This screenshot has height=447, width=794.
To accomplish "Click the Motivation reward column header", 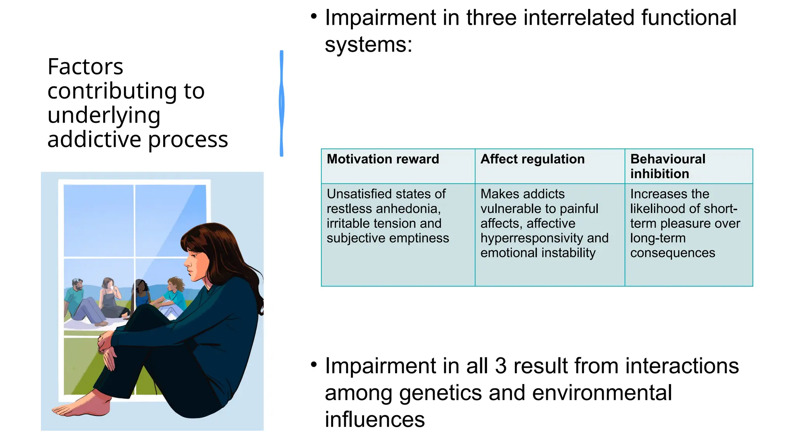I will (x=383, y=159).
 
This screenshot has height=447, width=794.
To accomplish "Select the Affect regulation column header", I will (x=532, y=159).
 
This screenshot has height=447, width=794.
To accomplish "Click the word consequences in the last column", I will (x=672, y=253).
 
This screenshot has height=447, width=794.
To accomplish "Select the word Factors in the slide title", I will (x=85, y=67).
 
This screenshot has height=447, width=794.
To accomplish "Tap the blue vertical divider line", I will (x=281, y=103).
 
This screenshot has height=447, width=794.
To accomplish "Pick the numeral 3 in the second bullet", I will (x=501, y=366).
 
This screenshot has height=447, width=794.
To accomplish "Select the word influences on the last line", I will (x=375, y=419).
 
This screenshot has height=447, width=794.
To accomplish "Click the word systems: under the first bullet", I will (x=368, y=45).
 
